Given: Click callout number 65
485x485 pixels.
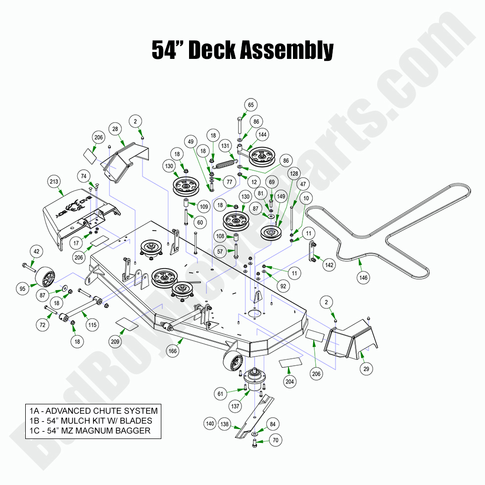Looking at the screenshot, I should (x=251, y=105).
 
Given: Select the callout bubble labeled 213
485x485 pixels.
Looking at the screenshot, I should (x=53, y=182).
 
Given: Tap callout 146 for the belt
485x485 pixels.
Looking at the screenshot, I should (x=364, y=278).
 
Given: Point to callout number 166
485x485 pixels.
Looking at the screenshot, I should (x=172, y=351).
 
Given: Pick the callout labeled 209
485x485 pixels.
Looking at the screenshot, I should (x=115, y=341).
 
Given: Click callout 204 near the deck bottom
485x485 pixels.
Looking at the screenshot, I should (x=290, y=382).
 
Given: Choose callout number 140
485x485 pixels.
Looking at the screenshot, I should (x=210, y=424).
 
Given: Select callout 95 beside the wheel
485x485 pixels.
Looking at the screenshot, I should (x=22, y=289).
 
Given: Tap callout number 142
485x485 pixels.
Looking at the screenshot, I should (x=330, y=265).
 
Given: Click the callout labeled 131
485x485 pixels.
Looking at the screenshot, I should (x=226, y=146).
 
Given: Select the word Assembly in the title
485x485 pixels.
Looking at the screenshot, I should (x=288, y=50).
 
